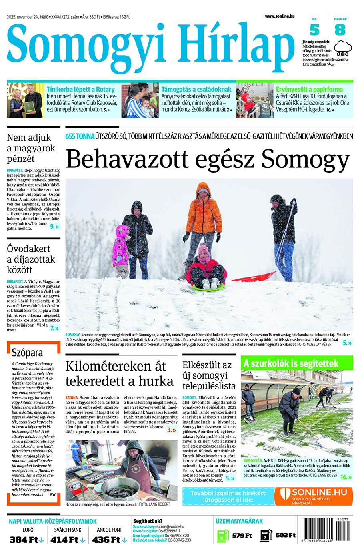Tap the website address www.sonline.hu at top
coord(280,16)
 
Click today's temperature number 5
coord(315,30)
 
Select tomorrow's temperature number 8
coord(340,30)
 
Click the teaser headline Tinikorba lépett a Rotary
coord(80,90)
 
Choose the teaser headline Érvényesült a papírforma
coord(309,90)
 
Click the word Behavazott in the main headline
coord(127,159)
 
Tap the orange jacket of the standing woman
coord(204,214)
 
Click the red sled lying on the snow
coord(254,277)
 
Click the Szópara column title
coord(27,353)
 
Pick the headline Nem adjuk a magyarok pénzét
coord(31,148)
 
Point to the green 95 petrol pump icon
coord(222,536)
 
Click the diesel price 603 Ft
coord(285,536)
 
